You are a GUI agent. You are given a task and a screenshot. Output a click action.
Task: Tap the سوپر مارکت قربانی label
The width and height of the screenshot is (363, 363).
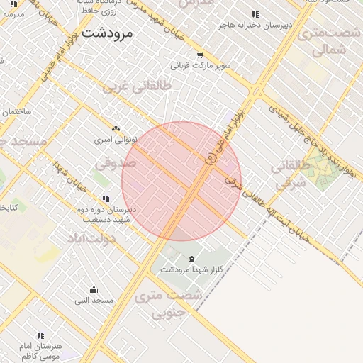point(201,66)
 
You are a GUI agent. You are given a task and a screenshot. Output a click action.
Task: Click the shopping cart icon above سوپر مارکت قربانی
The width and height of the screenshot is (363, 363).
point(200,55)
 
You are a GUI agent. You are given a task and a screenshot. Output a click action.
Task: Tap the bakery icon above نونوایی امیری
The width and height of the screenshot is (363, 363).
point(116,129)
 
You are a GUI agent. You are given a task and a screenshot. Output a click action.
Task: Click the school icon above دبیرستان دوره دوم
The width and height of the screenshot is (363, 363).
point(106,199)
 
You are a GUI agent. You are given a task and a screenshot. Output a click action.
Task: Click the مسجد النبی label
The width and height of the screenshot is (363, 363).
point(94,300)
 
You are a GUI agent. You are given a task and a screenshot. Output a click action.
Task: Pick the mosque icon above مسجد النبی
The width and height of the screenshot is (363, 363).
point(94,289)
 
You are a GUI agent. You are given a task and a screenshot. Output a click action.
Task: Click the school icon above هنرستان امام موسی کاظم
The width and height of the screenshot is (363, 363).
point(40,335)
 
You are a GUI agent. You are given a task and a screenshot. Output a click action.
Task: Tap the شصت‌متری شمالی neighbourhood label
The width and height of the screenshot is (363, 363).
point(328,42)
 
